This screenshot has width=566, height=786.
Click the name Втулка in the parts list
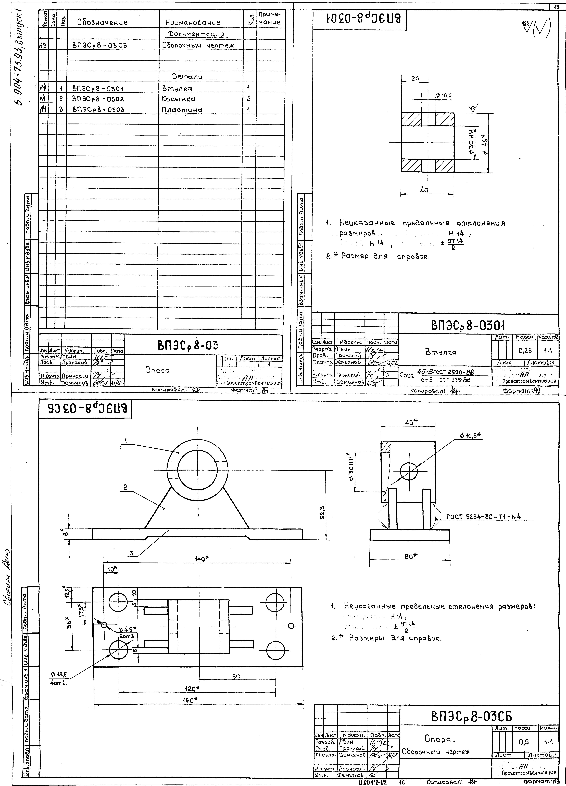coord(177,88)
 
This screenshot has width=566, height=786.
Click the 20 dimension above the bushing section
coord(415,79)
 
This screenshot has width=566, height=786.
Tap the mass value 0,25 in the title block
coord(525,351)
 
